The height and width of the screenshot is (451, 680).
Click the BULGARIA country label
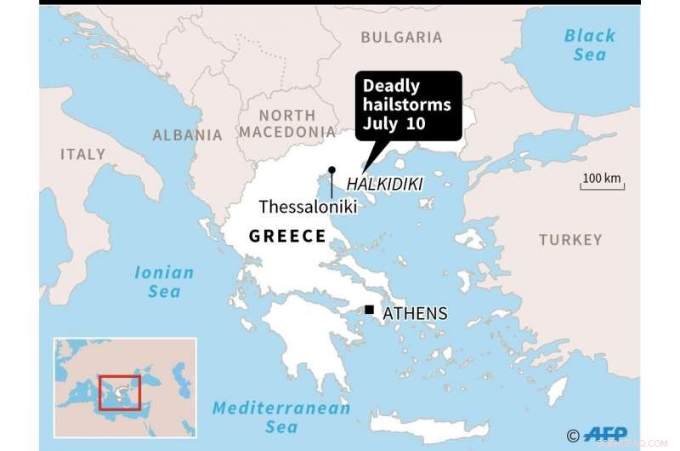pos(401,37)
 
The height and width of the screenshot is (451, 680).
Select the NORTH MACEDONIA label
pos(287,124)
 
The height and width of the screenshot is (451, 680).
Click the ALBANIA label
pos(187,134)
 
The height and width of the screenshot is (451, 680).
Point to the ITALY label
pos(82,154)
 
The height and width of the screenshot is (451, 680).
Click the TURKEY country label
pos(569,240)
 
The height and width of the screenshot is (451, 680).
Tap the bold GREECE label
pos(287,236)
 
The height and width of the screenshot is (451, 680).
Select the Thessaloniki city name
pos(306,207)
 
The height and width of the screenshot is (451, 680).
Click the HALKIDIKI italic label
pos(384,184)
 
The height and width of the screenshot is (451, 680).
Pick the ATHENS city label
pos(415,314)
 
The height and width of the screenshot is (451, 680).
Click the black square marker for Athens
pos(370,310)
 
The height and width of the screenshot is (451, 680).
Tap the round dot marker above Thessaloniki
pos(331,170)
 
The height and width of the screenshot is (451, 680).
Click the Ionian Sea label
pos(164,282)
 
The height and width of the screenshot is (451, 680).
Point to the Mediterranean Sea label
pos(281,417)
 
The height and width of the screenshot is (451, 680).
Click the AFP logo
pos(604,435)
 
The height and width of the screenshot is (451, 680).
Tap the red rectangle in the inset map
pos(119,391)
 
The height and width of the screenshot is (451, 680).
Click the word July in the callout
pos(382,124)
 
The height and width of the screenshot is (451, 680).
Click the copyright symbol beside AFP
pos(573,436)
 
